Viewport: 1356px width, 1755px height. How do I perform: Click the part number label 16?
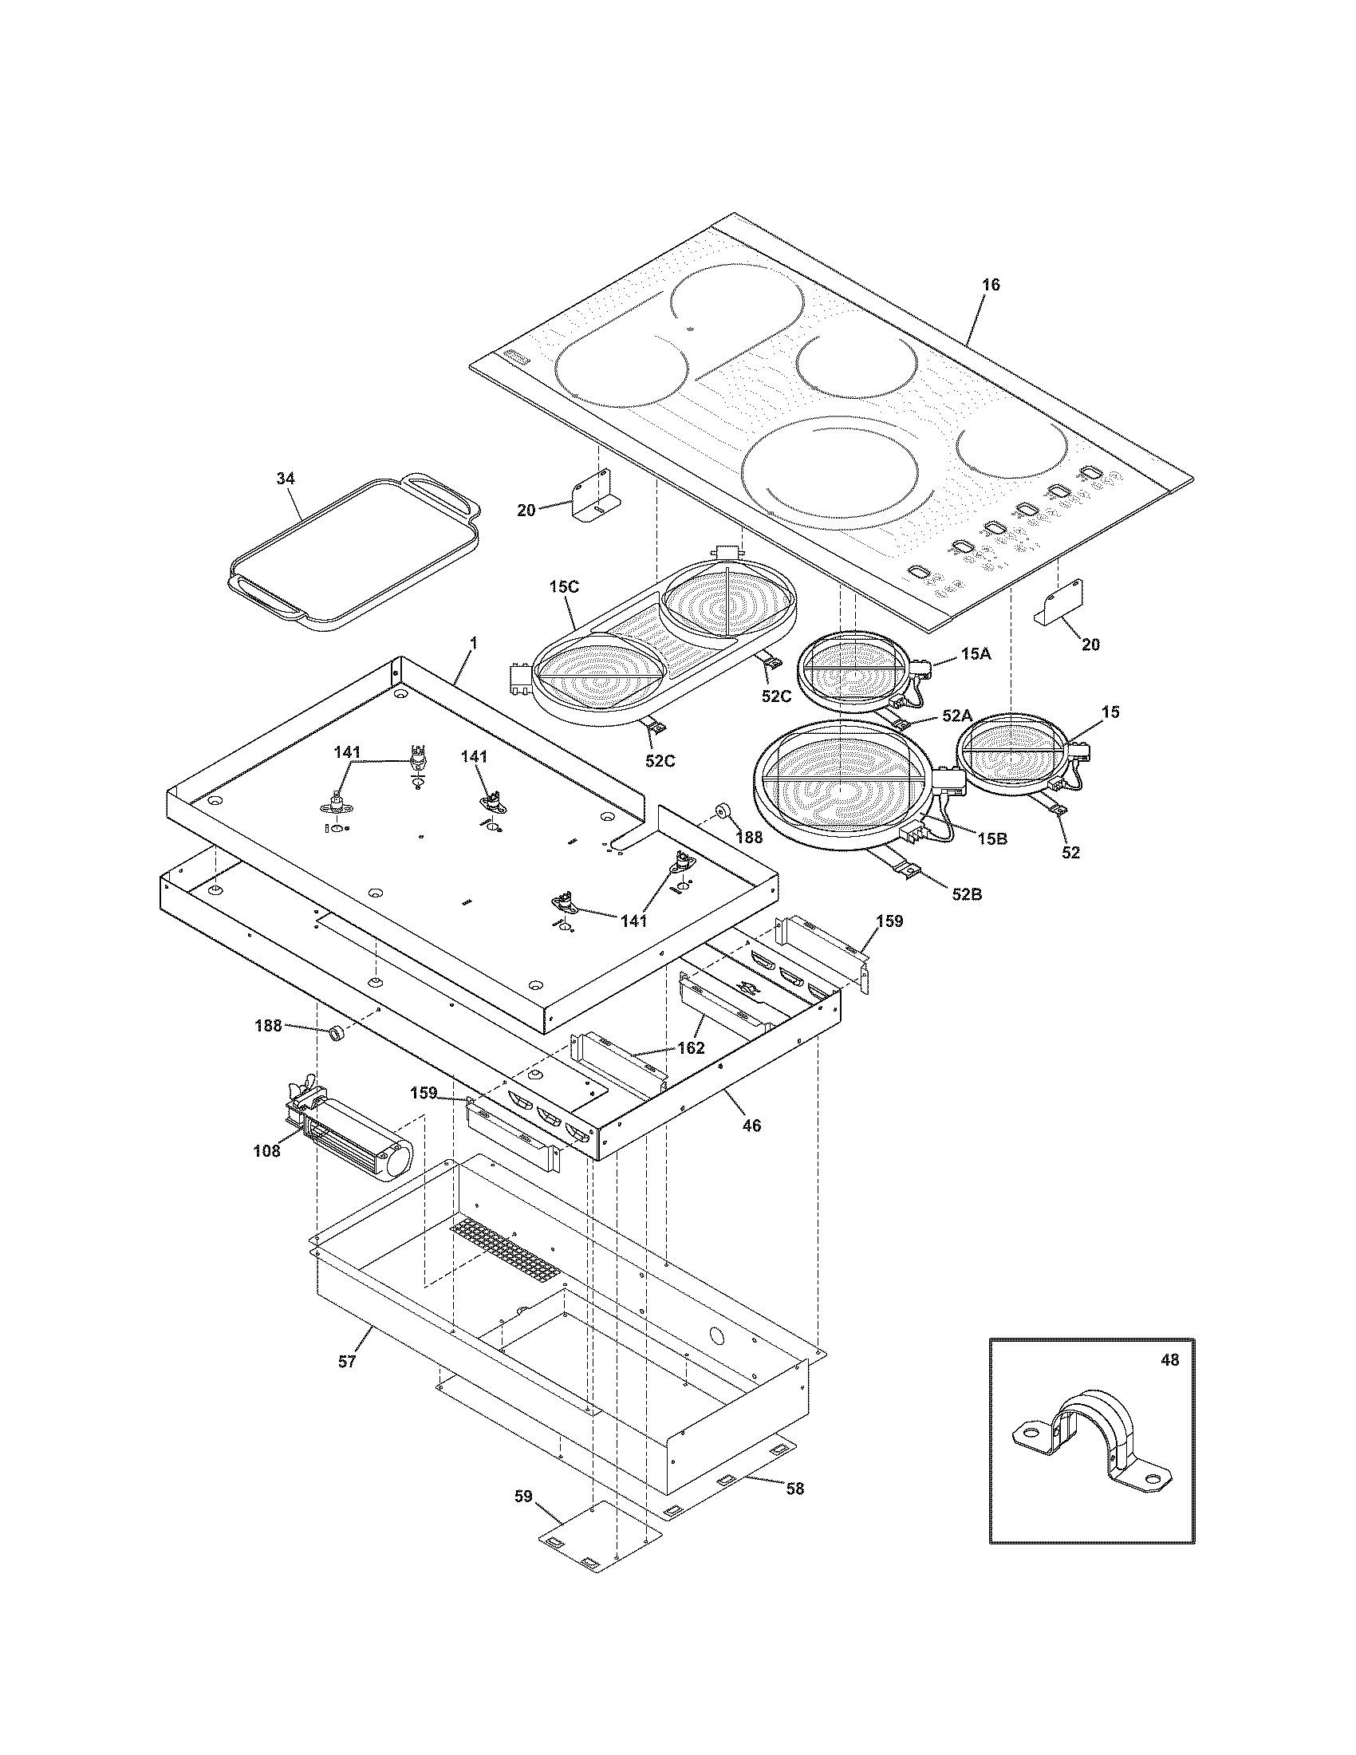point(991,286)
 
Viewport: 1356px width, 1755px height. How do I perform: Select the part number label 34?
point(286,478)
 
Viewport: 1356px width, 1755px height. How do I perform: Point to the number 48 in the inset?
point(1169,1360)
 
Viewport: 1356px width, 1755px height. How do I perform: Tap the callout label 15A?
point(976,654)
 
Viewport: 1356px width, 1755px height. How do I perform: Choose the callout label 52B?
point(968,893)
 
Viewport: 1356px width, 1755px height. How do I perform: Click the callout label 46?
point(751,1126)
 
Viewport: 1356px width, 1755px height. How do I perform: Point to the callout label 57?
point(346,1361)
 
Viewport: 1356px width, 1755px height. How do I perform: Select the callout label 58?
point(794,1489)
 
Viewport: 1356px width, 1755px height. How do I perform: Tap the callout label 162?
point(691,1048)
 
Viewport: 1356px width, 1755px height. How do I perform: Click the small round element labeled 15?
point(1014,755)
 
